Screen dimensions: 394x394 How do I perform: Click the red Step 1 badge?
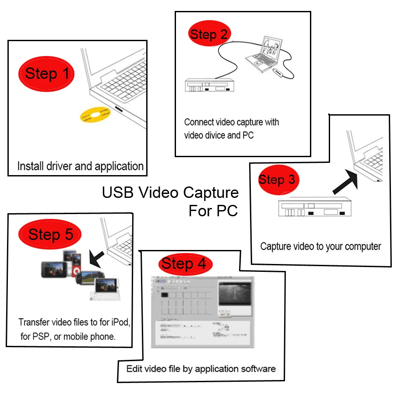point(46,74)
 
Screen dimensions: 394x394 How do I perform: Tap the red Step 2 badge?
point(209,35)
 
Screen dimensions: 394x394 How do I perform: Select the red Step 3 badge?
point(277,179)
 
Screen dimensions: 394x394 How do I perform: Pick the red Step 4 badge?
point(183,264)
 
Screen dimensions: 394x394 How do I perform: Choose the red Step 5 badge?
point(50,235)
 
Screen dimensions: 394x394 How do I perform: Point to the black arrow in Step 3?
point(345,181)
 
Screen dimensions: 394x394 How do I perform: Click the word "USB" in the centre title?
point(117,193)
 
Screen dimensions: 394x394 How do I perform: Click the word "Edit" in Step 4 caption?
point(134,369)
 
